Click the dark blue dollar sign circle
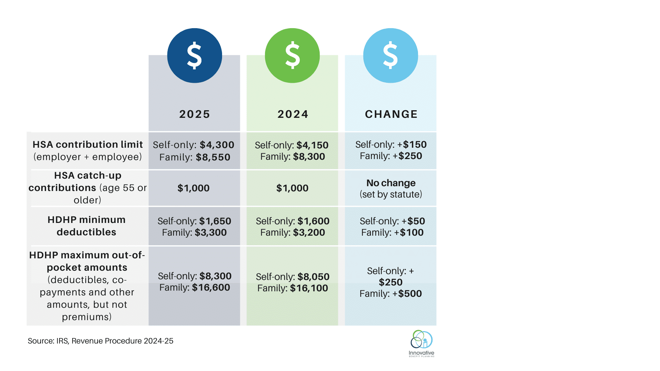(195, 55)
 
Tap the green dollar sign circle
(293, 55)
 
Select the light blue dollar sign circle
(390, 55)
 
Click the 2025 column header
(195, 114)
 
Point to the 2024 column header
(293, 114)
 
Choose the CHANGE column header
(391, 114)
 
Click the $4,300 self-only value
(217, 145)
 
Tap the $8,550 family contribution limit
(213, 157)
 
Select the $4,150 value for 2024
(312, 145)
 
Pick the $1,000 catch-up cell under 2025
(194, 188)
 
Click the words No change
(391, 183)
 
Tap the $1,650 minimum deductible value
(215, 221)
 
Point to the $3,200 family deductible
(309, 233)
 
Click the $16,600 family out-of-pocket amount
(211, 288)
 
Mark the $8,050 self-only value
(313, 277)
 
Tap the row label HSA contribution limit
(88, 145)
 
